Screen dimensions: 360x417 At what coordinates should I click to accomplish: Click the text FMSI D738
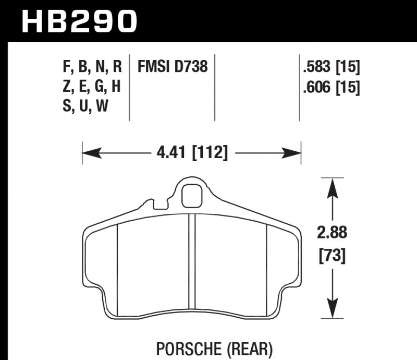[172, 67]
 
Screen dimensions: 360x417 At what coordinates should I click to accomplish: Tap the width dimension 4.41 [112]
[191, 153]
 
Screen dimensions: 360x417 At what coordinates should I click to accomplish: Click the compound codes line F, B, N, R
[92, 67]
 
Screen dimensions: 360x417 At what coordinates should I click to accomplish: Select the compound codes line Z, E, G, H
[92, 87]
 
